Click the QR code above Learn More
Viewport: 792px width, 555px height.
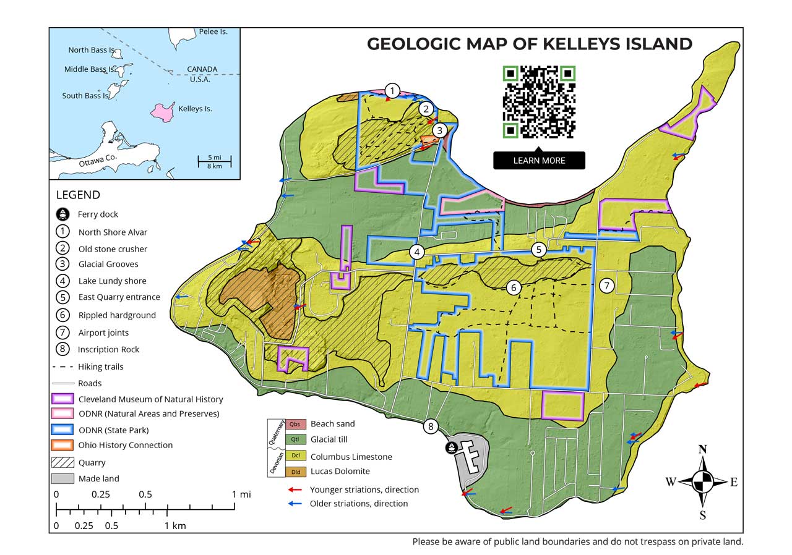(539, 101)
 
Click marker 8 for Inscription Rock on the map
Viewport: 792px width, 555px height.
(431, 426)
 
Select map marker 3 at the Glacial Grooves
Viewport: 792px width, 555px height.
(439, 130)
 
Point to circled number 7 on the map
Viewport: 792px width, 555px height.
(606, 286)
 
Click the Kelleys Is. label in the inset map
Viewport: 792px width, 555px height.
(195, 109)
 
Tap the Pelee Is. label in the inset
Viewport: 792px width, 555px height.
(213, 32)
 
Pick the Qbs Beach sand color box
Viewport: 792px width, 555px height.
(296, 424)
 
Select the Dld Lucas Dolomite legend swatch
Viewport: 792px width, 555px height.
(296, 472)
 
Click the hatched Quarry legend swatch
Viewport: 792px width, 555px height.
(62, 462)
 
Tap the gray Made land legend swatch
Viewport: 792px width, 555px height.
(62, 478)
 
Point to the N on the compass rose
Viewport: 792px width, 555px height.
(702, 449)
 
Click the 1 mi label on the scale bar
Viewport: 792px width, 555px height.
(241, 494)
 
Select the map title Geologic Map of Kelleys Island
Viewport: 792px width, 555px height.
(529, 44)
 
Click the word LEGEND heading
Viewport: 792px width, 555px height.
(78, 195)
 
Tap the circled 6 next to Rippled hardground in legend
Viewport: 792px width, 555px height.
(62, 315)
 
